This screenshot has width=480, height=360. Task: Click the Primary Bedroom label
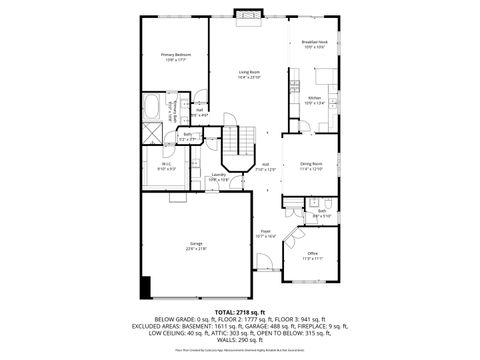pos(176,56)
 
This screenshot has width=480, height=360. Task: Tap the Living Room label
pos(249,73)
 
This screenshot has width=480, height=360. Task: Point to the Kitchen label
pos(313,98)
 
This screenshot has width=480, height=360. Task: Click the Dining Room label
pos(311,164)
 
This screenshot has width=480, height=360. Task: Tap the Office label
pos(312,254)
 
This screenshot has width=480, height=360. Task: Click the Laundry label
pos(217,175)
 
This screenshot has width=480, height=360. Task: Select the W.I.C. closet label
pos(168,165)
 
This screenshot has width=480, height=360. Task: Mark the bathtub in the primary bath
pos(152,107)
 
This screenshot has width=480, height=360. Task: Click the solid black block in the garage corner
pos(146,287)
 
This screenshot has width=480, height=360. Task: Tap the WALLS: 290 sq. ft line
pos(240,340)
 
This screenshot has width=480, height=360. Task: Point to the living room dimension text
pos(249,77)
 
